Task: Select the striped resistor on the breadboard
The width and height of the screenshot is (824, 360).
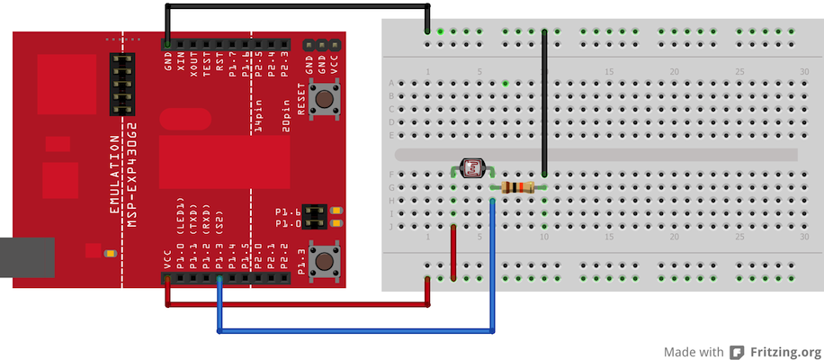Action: tap(517, 187)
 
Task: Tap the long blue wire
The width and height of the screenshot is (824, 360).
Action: tap(360, 332)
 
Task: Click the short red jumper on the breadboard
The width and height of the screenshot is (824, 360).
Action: tap(452, 252)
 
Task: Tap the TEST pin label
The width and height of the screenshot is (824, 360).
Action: tap(206, 65)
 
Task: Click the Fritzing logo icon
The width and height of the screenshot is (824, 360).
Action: tap(737, 352)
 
